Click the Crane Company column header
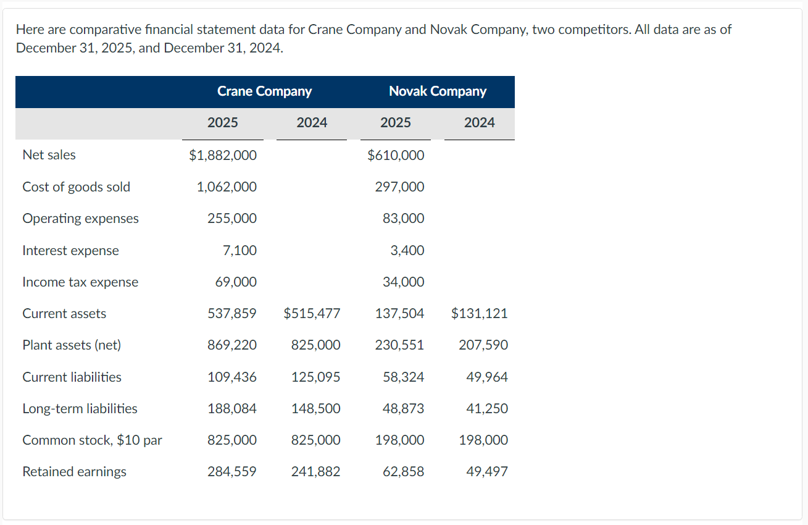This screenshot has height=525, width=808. tap(264, 91)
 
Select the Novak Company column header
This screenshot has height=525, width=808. tap(437, 91)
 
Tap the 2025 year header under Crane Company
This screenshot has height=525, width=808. tap(222, 123)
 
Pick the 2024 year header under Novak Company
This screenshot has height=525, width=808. tap(479, 123)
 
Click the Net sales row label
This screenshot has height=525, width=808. tap(49, 155)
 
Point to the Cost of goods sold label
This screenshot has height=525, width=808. tap(76, 187)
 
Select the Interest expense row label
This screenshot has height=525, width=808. tap(70, 251)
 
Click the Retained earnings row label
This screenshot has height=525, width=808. tap(74, 472)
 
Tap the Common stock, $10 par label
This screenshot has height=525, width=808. tap(92, 440)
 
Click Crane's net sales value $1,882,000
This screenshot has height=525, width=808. tap(223, 156)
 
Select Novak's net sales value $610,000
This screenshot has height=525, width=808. tap(396, 156)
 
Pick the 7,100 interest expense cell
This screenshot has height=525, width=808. tap(239, 251)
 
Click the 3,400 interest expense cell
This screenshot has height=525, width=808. tap(407, 251)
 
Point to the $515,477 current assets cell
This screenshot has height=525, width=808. tap(312, 314)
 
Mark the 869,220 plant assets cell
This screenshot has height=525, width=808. tap(232, 345)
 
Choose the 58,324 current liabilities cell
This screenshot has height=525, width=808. tap(403, 377)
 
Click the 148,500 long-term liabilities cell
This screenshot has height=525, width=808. tap(315, 409)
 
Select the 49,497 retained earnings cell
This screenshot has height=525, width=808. tap(487, 472)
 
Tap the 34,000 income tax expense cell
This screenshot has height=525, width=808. tap(403, 282)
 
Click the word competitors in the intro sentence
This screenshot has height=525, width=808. tap(638, 30)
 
